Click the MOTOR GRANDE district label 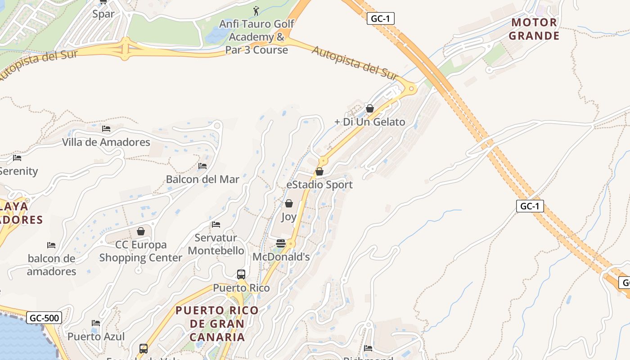coord(535,29)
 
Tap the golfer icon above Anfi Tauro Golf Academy coord(256,10)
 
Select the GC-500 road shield coord(44,318)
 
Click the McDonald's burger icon coord(280,243)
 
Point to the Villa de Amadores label coord(106,142)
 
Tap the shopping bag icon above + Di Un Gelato coord(369,108)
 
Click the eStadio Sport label coord(319,184)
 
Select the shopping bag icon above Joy coord(288,204)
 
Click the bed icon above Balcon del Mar coord(202,166)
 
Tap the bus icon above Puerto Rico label coord(241,274)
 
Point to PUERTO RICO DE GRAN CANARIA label coord(217,323)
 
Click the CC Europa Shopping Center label coord(141,251)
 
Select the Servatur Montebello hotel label coord(216,244)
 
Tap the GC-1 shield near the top coord(380,18)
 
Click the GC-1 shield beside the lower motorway coord(530,206)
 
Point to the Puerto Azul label coord(96,336)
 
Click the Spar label coord(103,14)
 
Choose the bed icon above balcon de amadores coord(51,245)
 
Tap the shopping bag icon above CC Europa coord(141,231)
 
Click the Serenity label coord(19,171)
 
